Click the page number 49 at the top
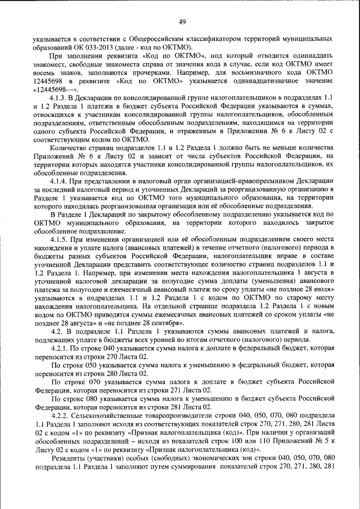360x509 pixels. click(x=182, y=22)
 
